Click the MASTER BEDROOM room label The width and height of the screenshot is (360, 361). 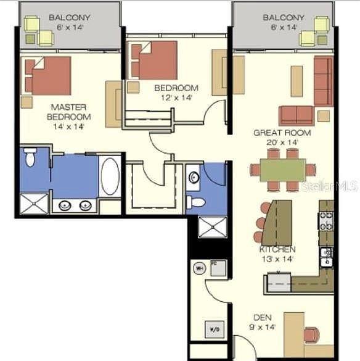tap(70, 111)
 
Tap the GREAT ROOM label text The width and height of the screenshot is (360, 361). tap(282, 133)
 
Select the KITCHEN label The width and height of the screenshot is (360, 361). tap(277, 249)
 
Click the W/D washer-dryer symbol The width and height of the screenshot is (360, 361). tap(213, 328)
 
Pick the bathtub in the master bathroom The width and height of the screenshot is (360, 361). tap(109, 176)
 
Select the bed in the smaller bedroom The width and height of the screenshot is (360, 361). tap(153, 60)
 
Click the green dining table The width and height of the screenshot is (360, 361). tap(282, 170)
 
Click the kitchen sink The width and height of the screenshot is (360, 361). tap(326, 256)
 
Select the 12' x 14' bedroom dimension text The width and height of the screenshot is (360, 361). tap(176, 97)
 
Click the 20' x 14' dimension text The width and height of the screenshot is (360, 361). tap(282, 143)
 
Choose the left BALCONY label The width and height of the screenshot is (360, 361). tap(70, 18)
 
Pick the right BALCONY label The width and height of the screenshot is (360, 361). tap(284, 18)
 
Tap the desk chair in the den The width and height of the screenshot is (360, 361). tap(312, 334)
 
